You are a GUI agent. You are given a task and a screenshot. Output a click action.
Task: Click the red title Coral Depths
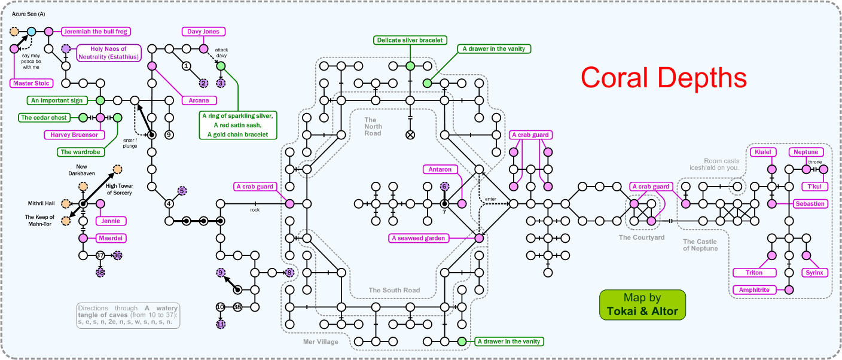664,78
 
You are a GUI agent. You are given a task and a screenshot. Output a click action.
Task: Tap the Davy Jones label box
204,31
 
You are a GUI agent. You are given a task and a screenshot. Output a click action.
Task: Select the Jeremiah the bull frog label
96,31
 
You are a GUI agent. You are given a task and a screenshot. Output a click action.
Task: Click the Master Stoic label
31,83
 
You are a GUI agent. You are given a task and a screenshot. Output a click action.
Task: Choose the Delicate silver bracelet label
410,40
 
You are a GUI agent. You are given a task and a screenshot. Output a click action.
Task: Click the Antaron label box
440,169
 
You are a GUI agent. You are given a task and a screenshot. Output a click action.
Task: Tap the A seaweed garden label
419,238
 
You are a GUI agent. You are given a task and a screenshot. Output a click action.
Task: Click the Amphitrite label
755,290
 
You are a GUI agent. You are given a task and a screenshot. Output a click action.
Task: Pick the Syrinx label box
814,273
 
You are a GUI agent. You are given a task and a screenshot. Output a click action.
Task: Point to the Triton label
755,273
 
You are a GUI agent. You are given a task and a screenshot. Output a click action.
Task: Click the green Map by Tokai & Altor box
642,304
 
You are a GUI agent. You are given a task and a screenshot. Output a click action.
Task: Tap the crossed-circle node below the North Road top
410,135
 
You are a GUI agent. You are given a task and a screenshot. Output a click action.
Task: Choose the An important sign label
57,100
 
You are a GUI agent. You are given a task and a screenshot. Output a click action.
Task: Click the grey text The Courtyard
642,237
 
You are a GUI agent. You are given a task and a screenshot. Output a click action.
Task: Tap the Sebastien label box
810,204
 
